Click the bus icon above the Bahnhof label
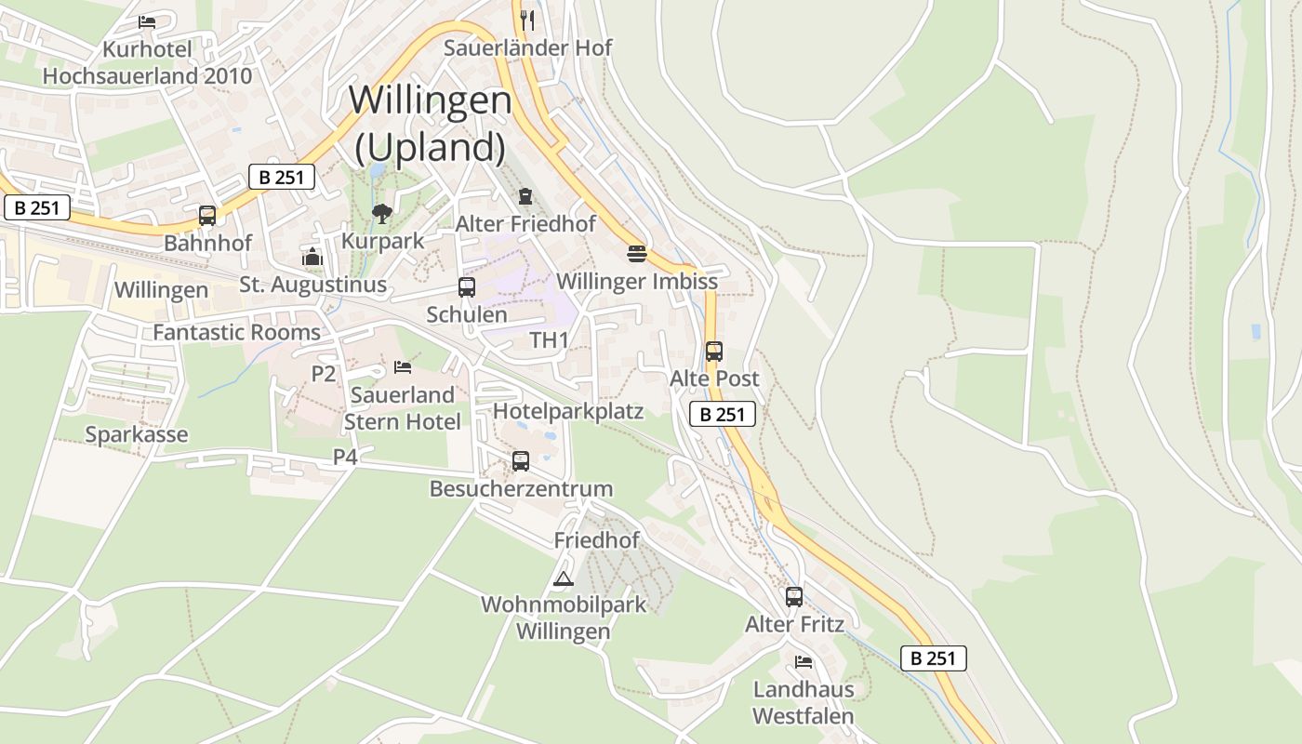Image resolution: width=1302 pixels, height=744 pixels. point(207,216)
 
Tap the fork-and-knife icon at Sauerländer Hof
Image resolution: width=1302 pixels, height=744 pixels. point(526,20)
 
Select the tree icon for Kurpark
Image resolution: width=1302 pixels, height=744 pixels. point(381,214)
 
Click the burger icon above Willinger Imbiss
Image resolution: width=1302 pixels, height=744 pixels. point(636,254)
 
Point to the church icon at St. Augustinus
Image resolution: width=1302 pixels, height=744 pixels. point(312,257)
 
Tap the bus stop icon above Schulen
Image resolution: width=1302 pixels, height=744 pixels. point(467,287)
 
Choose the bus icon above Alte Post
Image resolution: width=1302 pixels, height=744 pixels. point(713,352)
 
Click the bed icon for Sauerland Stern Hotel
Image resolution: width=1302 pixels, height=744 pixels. point(403,367)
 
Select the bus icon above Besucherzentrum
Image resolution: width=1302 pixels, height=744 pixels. point(521,460)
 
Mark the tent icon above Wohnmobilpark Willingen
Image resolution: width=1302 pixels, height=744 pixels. point(563,579)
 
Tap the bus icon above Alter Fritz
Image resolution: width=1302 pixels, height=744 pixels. point(793,597)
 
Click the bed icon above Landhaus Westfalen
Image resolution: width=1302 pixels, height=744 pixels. point(804,662)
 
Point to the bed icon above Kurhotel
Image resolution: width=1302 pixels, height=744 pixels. point(147,21)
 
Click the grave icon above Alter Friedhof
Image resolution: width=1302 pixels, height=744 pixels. point(525,196)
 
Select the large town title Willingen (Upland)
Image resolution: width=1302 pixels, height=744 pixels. point(431,123)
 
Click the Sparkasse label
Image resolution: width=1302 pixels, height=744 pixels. point(137,434)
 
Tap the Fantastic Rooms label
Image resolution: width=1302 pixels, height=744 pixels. point(236,332)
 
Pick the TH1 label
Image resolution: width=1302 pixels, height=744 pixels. point(549,340)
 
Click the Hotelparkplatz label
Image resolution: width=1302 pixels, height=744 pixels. point(568,411)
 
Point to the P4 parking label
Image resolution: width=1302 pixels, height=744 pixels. point(345,457)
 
